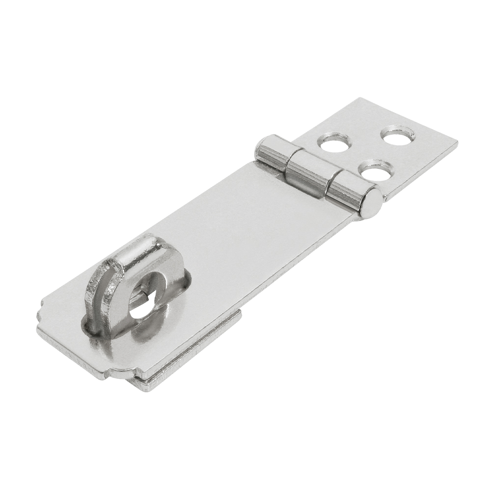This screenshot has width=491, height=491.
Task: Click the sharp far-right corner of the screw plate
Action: pos(456,142)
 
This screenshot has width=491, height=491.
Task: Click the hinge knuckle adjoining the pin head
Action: pos(344,189)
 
